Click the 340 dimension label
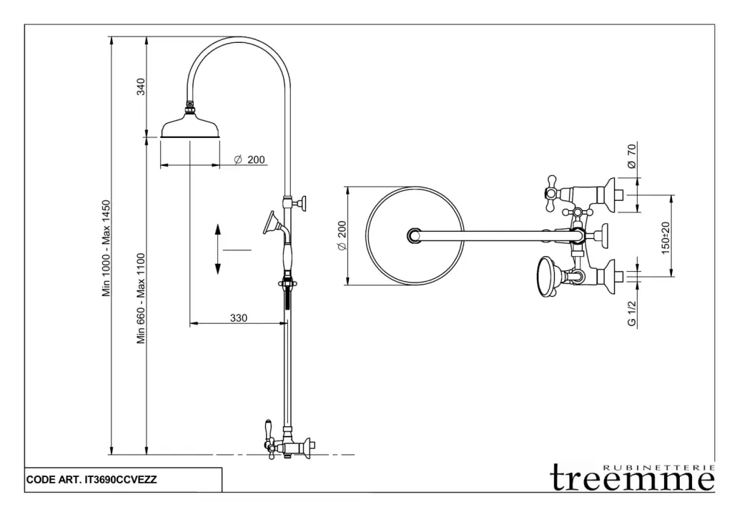click(142, 87)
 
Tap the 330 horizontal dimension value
click(238, 318)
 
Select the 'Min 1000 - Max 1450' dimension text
click(107, 248)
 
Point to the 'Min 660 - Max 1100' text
click(142, 298)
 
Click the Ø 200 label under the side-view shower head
click(250, 159)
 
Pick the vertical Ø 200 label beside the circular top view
click(342, 235)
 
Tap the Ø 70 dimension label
click(631, 155)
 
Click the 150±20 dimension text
click(666, 237)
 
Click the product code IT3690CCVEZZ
click(120, 481)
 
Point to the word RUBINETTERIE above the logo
click(659, 468)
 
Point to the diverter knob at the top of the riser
click(304, 204)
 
